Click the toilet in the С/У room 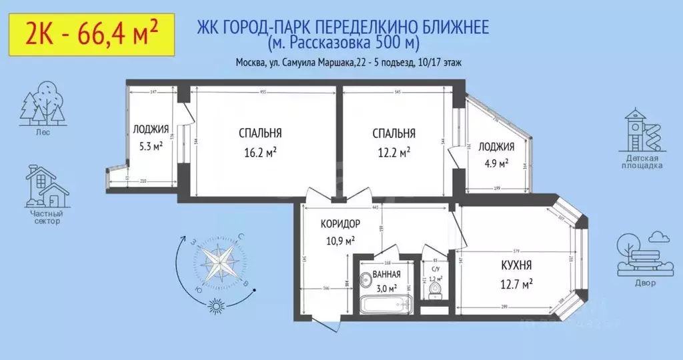pyautogui.click(x=435, y=289)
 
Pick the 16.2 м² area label pyautogui.click(x=260, y=152)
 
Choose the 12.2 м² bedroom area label pyautogui.click(x=394, y=152)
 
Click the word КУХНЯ pyautogui.click(x=516, y=265)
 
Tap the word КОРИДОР pyautogui.click(x=340, y=224)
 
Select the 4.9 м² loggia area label pyautogui.click(x=496, y=162)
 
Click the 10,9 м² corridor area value pyautogui.click(x=340, y=239)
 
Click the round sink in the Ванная pyautogui.click(x=366, y=281)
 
